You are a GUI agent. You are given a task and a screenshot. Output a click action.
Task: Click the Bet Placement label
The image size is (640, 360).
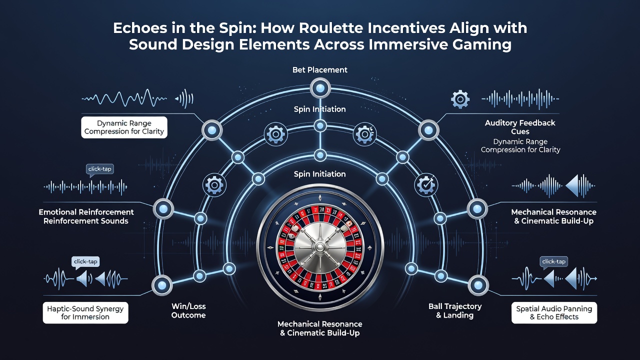(x=319, y=69)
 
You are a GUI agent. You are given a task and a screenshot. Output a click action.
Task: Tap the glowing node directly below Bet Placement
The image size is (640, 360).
(x=320, y=88)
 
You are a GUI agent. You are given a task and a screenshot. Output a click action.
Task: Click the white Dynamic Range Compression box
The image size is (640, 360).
(x=124, y=127)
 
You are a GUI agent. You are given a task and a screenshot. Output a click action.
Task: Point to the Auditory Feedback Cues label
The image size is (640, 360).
(x=520, y=127)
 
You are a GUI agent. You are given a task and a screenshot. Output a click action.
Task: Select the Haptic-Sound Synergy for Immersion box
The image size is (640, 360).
(x=85, y=312)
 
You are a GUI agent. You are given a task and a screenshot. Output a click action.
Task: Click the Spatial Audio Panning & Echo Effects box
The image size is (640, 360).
(x=554, y=312)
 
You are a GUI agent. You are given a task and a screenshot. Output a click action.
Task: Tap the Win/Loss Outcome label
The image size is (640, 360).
(x=188, y=310)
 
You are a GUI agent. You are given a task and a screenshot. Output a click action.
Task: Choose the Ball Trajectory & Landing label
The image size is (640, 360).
(x=455, y=310)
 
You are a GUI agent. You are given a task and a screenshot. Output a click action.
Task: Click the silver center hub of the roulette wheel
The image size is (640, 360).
(x=320, y=247)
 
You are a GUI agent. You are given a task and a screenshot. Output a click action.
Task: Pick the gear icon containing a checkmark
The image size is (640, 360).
(x=425, y=185)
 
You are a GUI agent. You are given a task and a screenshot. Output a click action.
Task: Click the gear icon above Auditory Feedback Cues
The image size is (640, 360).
(x=460, y=99)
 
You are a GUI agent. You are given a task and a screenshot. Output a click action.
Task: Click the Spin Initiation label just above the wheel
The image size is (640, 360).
(x=319, y=174)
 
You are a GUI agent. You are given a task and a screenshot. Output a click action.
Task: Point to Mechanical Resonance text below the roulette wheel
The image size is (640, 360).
(x=319, y=324)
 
